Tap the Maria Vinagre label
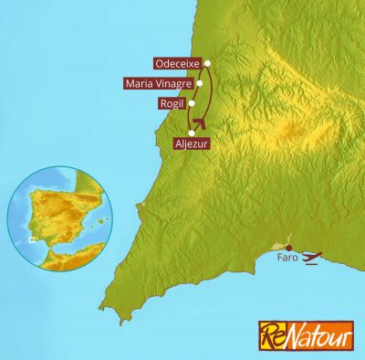click(x=157, y=83)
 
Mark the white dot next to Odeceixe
click(x=208, y=63)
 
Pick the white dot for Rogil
click(x=192, y=103)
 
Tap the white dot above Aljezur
click(x=192, y=133)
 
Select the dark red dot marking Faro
click(x=288, y=248)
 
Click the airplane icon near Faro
click(x=312, y=258)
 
